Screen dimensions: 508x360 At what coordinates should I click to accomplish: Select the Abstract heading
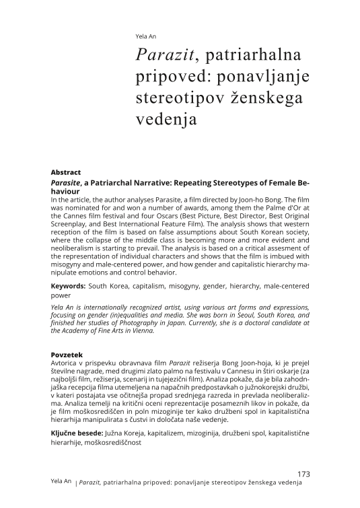[x=66, y=172]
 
